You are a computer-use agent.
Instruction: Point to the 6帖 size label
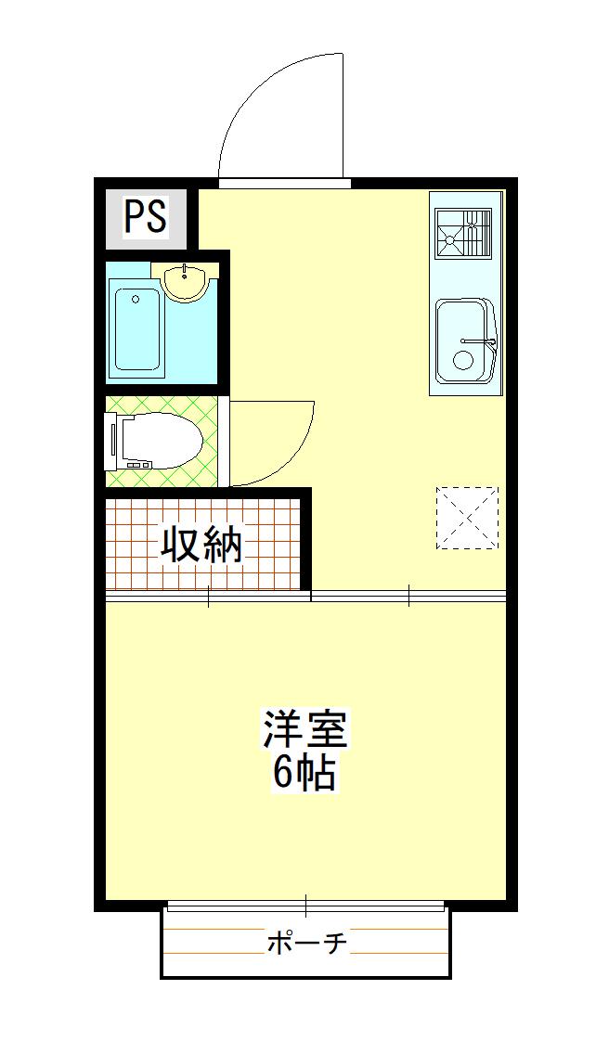[304, 775]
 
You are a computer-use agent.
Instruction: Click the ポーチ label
[307, 944]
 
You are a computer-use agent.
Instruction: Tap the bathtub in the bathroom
[138, 328]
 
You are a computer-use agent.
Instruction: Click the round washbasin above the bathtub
[185, 281]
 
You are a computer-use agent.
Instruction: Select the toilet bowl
[162, 441]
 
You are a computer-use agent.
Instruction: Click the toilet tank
[111, 441]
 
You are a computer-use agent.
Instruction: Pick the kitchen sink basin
[465, 341]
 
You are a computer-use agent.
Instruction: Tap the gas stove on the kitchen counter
[463, 233]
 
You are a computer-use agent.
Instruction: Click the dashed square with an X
[468, 518]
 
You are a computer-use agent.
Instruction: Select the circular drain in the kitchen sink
[463, 360]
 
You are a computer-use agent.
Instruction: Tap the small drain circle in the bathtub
[136, 299]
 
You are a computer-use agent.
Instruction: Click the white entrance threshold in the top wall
[285, 183]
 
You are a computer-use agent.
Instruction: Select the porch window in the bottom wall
[306, 906]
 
